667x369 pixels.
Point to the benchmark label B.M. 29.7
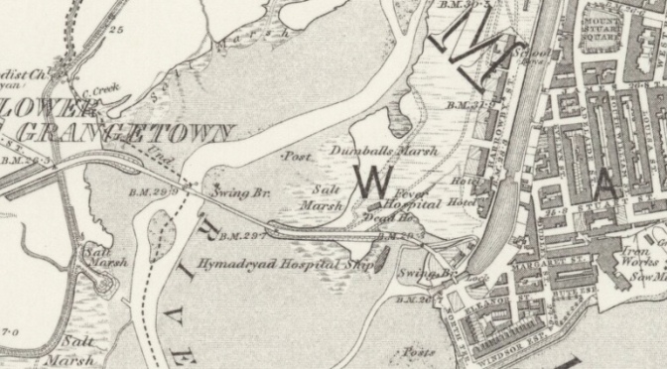click(242, 236)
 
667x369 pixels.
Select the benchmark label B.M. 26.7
click(416, 299)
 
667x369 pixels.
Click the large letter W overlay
click(373, 181)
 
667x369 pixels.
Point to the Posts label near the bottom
click(418, 352)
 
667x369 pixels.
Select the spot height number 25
click(116, 31)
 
